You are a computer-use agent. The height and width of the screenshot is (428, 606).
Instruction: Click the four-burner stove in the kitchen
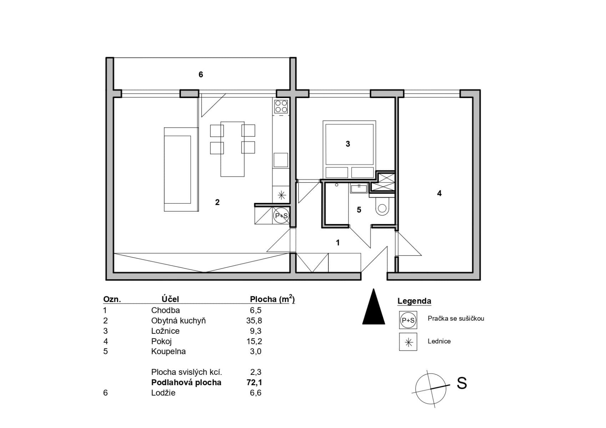pos(281,106)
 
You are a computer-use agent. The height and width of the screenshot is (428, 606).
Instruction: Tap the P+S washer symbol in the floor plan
pos(281,216)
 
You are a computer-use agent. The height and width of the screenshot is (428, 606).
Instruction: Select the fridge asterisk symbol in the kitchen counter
pos(281,195)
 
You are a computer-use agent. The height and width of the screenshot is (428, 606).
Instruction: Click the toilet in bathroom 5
pos(382,207)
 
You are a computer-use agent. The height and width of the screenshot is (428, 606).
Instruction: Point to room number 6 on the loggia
pos(201,75)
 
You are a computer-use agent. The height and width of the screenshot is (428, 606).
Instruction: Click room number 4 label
pos(439,193)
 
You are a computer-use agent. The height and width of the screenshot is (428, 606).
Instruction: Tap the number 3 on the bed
pos(348,144)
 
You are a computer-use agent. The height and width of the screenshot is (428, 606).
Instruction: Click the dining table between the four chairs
pos(232,149)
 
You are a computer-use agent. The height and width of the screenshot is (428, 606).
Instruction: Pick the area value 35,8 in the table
pos(254,321)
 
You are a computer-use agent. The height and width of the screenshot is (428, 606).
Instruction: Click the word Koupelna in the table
pos(168,351)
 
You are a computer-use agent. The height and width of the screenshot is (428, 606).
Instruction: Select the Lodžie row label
pos(163,393)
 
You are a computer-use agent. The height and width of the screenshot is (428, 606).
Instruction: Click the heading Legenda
pos(414,301)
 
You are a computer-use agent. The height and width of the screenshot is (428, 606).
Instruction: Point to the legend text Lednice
pos(439,341)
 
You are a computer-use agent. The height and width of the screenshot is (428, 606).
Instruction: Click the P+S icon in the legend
pos(408,320)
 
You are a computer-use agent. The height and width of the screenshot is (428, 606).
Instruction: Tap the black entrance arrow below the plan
pos(373,308)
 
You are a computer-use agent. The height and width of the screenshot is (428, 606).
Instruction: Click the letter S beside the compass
pos(461,383)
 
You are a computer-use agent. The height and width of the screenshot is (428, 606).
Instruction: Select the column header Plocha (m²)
pos(272,299)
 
